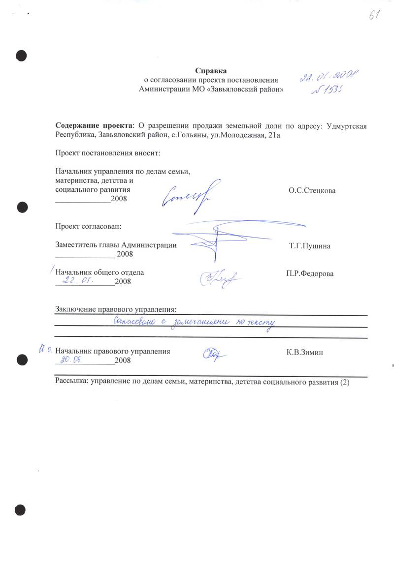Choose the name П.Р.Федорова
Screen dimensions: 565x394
click(309, 273)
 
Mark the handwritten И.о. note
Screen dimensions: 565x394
click(45, 350)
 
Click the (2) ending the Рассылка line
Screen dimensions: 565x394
click(344, 383)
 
